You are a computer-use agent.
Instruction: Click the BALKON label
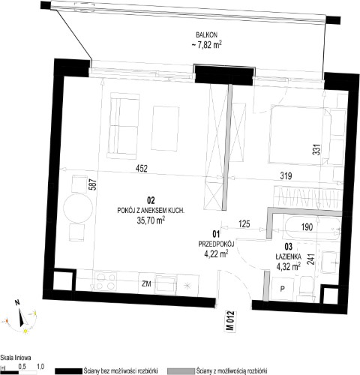[207, 34]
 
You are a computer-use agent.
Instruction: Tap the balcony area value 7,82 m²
[206, 44]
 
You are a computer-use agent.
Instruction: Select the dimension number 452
[142, 168]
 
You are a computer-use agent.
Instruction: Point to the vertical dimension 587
[93, 184]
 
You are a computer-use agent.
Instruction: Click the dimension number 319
[286, 176]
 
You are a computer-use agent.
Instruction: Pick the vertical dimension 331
[316, 148]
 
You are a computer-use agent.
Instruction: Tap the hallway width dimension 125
[244, 223]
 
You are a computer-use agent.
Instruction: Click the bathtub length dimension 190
[307, 227]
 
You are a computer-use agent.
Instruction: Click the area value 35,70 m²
[151, 220]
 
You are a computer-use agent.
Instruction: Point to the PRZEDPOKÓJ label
[216, 244]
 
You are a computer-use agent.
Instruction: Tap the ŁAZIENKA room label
[288, 256]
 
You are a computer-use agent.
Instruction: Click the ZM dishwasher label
[146, 284]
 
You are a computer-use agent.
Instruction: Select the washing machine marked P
[283, 289]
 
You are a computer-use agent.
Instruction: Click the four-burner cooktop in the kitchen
[106, 281]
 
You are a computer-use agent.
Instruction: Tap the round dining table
[78, 208]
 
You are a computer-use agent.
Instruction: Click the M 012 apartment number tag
[231, 321]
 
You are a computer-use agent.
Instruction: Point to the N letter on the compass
[17, 303]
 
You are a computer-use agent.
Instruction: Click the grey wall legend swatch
[181, 370]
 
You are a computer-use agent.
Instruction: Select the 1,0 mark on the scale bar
[40, 367]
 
